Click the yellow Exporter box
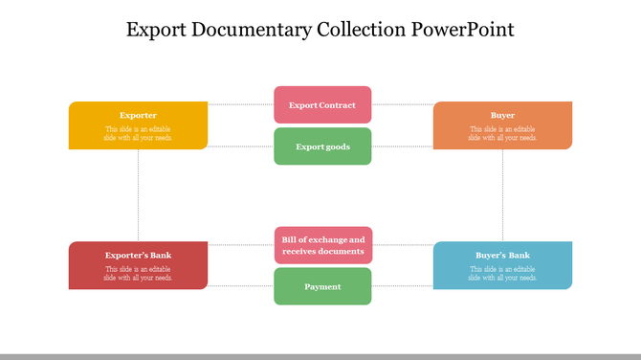tap(138, 125)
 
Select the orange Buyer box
tap(502, 125)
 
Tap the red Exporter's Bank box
tap(138, 265)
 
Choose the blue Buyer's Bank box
tap(502, 265)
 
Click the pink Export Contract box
tap(322, 105)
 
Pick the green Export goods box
tap(322, 146)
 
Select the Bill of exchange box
tap(322, 245)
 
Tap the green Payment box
tap(322, 286)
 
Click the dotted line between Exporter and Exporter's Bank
tap(139, 195)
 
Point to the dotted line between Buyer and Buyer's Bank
tap(503, 195)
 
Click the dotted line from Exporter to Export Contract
tap(240, 104)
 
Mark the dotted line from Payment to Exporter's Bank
tap(240, 286)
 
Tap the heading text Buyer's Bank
tap(502, 256)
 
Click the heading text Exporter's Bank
tap(138, 256)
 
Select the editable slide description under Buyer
tap(502, 133)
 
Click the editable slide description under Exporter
tap(138, 133)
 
